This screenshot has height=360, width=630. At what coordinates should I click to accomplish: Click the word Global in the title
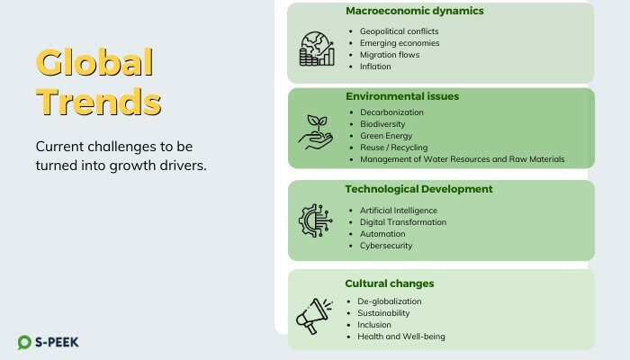(94, 62)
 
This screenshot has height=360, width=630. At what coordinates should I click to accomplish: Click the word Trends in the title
(98, 102)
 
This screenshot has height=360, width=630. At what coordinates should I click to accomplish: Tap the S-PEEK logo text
(57, 342)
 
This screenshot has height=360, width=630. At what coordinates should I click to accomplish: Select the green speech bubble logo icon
(24, 342)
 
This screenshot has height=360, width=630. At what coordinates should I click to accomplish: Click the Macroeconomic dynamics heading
(415, 11)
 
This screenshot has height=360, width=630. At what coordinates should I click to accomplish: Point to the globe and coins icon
(317, 49)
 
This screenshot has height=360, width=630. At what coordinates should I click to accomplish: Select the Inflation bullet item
(375, 67)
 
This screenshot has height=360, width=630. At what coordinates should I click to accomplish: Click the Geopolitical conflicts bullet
(399, 31)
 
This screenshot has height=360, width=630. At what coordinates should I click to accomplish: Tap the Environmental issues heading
(402, 96)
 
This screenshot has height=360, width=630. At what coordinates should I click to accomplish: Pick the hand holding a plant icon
(316, 132)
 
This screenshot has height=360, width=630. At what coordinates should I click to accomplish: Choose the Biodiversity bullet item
(382, 124)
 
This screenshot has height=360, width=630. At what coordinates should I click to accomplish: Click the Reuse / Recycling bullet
(394, 148)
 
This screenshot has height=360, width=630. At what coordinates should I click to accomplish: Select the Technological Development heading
(418, 189)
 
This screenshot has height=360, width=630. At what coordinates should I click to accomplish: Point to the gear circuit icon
(316, 220)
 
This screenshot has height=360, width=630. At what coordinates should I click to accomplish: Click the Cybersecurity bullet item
(386, 246)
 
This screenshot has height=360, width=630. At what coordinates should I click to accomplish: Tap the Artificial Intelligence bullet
(399, 211)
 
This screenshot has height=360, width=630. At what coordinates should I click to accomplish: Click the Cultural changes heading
(390, 283)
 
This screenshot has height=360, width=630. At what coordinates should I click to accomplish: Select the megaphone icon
(315, 316)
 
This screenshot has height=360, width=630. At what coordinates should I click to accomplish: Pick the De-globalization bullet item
(390, 301)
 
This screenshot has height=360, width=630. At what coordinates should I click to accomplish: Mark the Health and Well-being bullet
(401, 337)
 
